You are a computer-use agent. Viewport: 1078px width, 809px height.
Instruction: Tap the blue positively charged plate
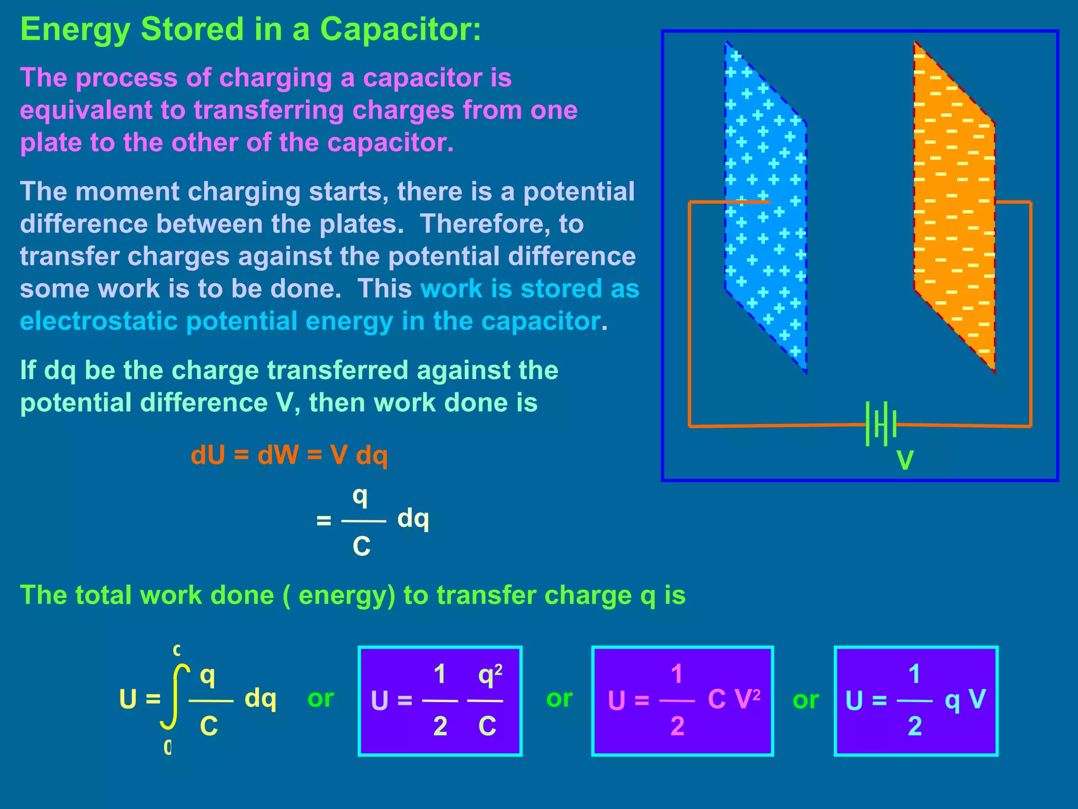coord(766,205)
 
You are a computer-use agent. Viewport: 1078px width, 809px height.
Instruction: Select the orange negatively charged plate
coord(954,205)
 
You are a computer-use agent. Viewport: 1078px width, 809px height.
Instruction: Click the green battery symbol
coord(881,424)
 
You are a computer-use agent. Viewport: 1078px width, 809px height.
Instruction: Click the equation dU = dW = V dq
coord(289,455)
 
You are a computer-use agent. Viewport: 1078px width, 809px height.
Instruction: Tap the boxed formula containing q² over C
coord(440,701)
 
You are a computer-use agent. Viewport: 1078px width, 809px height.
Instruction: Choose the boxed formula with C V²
coord(682,701)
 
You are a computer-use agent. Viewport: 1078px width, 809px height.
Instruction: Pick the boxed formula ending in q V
coord(916,701)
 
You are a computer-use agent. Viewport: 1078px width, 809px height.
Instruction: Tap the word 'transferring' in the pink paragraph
coord(268,111)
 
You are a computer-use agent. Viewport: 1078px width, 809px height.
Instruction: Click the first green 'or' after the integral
coord(321,698)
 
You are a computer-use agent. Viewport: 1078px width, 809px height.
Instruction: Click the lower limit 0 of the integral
coord(168,747)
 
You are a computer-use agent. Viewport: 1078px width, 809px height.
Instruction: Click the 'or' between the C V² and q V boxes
coord(805,700)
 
